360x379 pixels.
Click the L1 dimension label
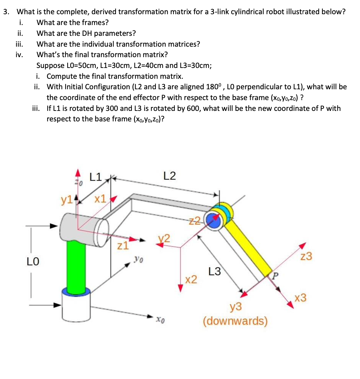(96, 177)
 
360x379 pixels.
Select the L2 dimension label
(169, 176)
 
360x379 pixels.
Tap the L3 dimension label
(215, 271)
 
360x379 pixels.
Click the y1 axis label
(66, 200)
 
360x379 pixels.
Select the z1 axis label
(123, 245)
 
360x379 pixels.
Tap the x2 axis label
(191, 279)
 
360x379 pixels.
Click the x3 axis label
(300, 298)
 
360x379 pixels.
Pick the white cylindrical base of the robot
(76, 306)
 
